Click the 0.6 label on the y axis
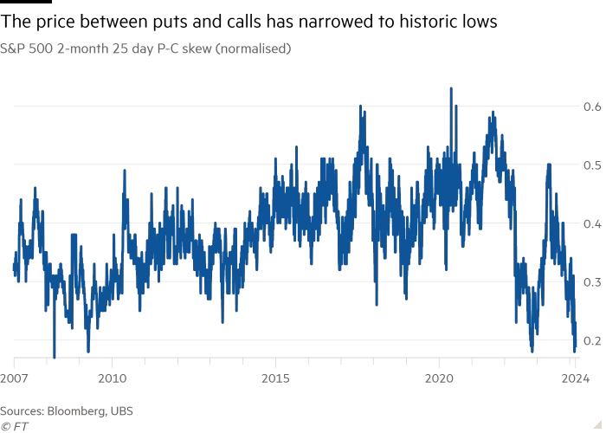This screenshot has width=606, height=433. pyautogui.click(x=592, y=107)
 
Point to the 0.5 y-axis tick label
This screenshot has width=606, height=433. pyautogui.click(x=592, y=165)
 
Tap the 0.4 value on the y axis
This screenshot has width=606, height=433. pyautogui.click(x=592, y=223)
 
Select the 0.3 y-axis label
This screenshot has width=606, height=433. pyautogui.click(x=592, y=282)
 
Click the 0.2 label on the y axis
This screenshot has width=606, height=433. pyautogui.click(x=592, y=340)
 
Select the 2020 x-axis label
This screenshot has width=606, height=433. pyautogui.click(x=439, y=378)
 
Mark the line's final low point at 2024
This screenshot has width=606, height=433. pyautogui.click(x=575, y=351)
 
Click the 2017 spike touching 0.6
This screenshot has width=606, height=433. pyautogui.click(x=359, y=107)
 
